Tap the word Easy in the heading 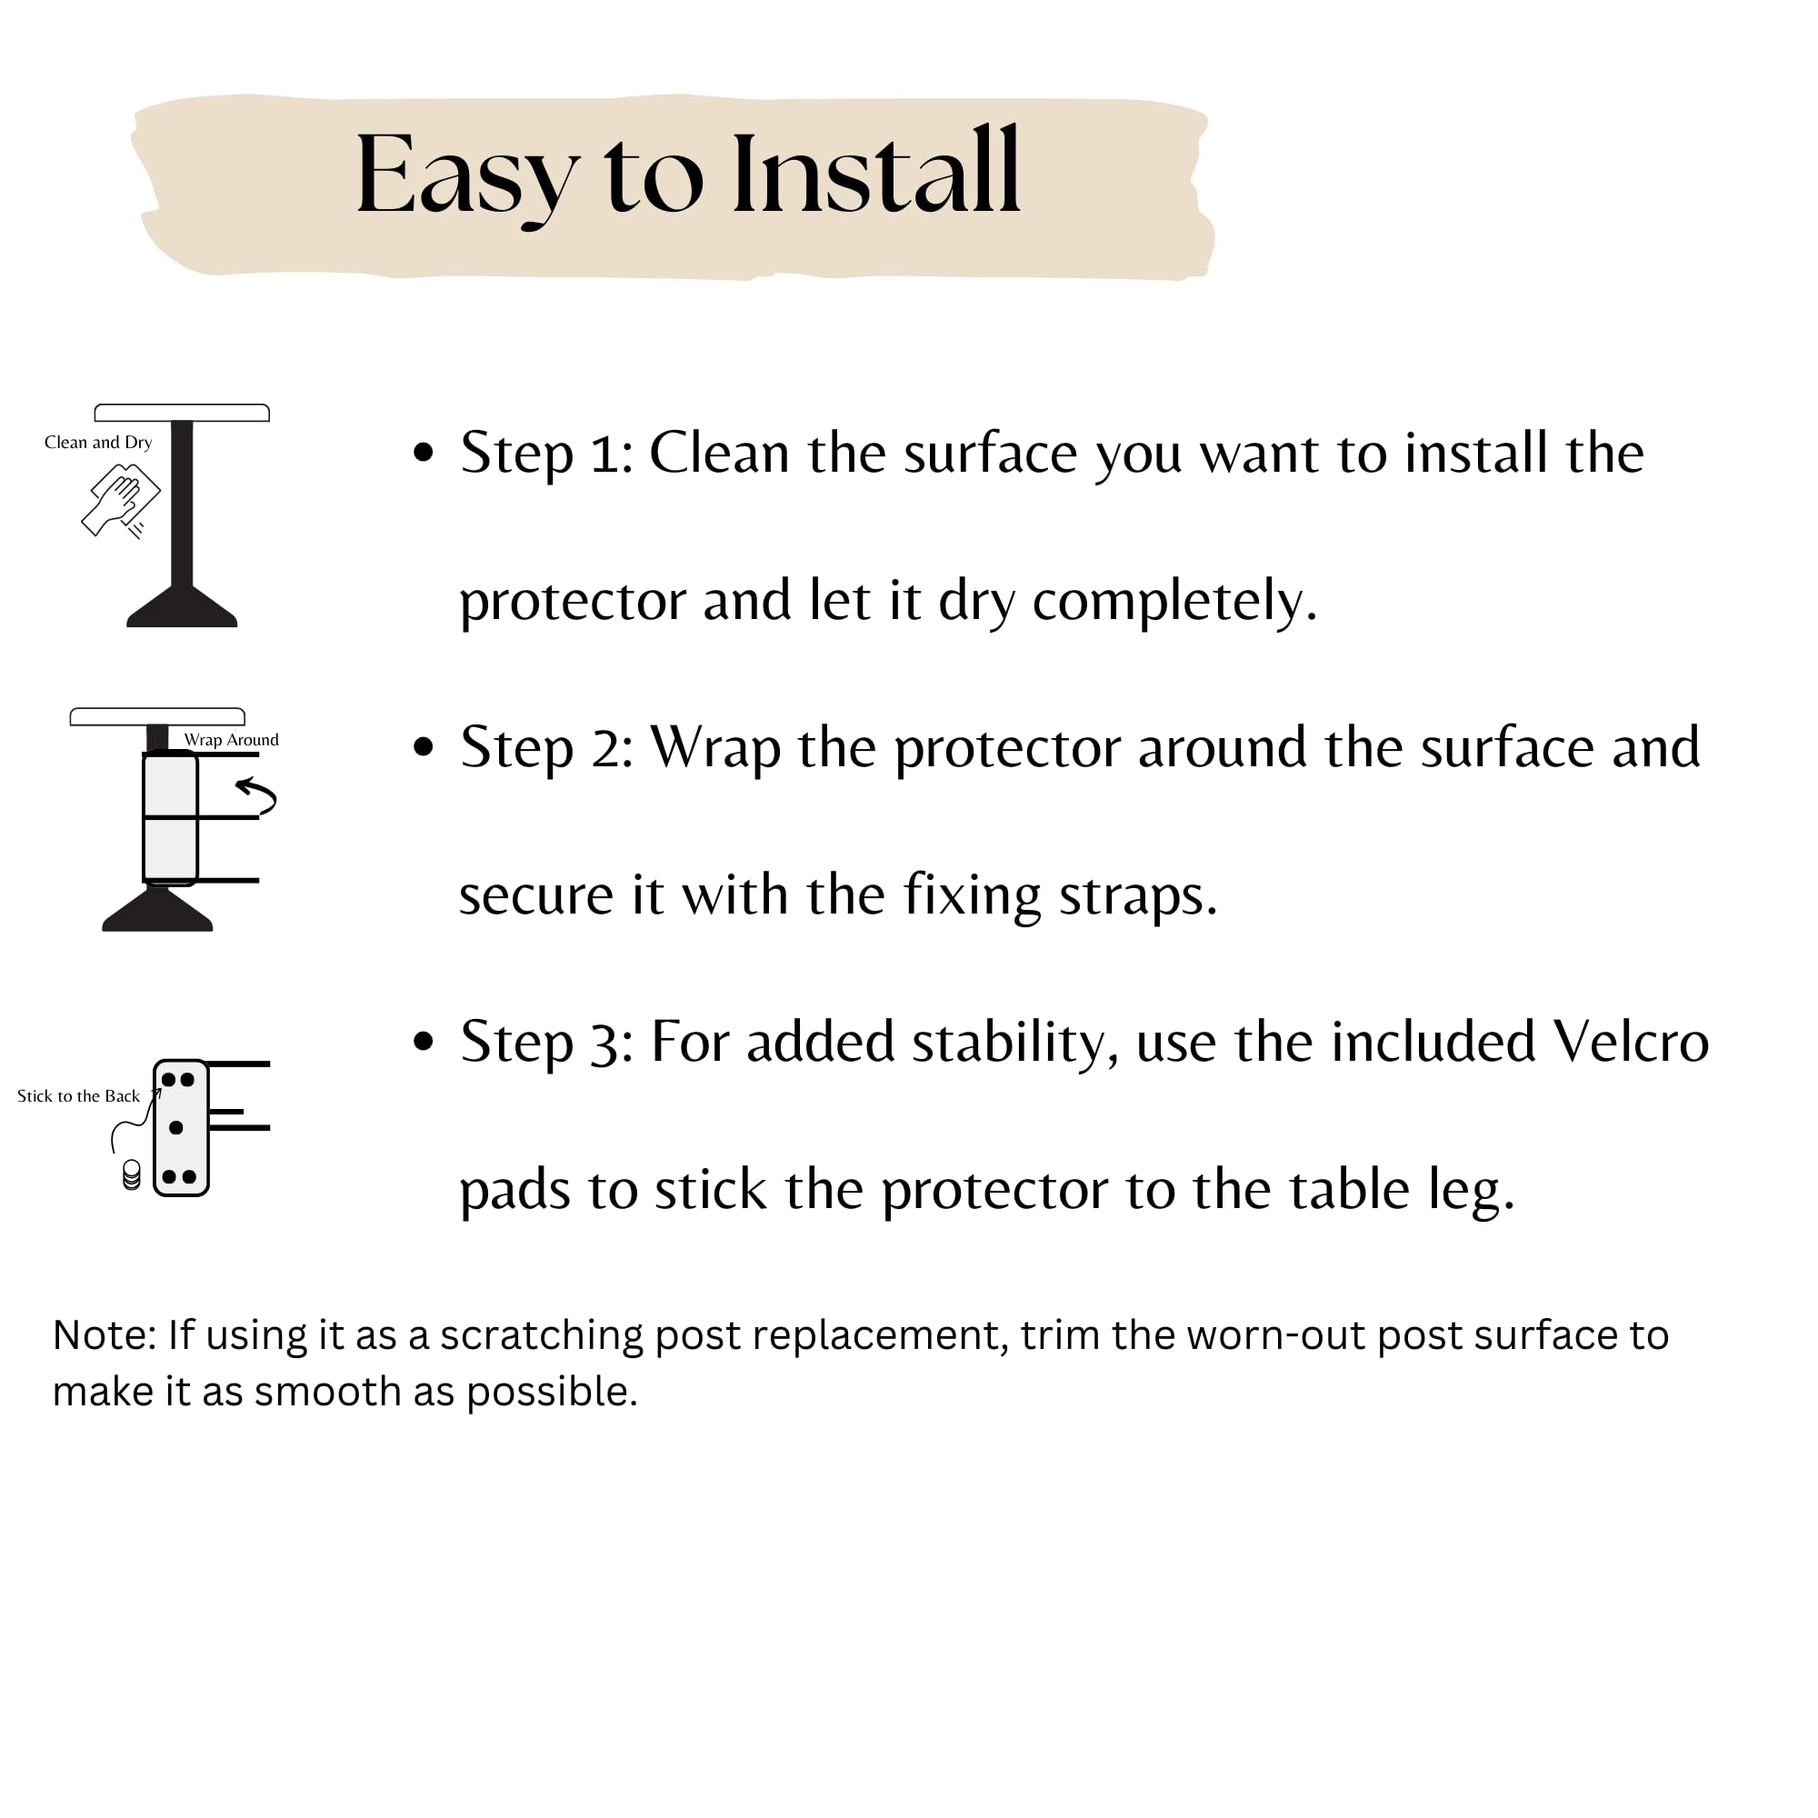point(467,179)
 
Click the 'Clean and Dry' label point(98,443)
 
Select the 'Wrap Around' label point(232,740)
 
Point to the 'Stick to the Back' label point(78,1096)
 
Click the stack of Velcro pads point(132,1175)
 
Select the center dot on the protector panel point(176,1127)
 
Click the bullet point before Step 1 point(424,453)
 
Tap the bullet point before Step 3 point(424,1041)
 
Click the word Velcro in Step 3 point(1631,1041)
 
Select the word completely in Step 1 point(1174,603)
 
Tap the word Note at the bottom point(105,1335)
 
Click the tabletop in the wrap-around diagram point(157,717)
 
